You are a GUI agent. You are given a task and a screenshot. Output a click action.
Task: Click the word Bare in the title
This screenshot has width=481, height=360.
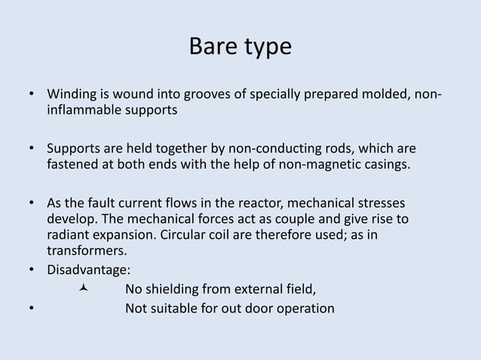pyautogui.click(x=212, y=47)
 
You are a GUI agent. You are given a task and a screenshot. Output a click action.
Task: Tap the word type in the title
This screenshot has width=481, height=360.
pyautogui.click(x=265, y=48)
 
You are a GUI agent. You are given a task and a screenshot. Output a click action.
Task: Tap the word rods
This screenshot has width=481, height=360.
pyautogui.click(x=338, y=147)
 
